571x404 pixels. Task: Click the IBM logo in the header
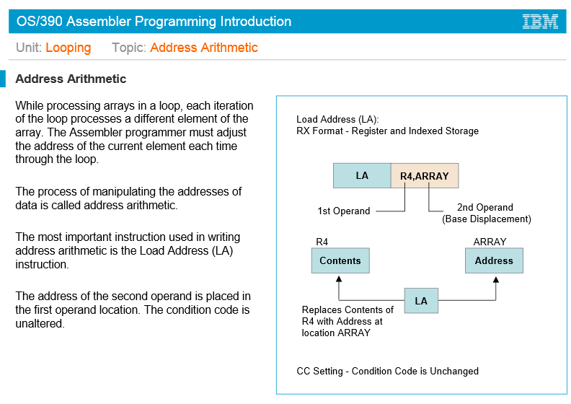(x=540, y=22)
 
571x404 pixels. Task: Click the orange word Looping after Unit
(x=68, y=48)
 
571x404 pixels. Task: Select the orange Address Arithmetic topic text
(x=203, y=48)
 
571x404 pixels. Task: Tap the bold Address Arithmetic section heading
(x=71, y=79)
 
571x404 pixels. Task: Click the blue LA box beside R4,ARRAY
(x=362, y=175)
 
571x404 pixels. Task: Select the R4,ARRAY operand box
(x=425, y=176)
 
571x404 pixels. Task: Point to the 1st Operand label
(x=344, y=211)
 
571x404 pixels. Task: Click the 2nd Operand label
(x=485, y=207)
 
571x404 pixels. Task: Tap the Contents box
(x=340, y=260)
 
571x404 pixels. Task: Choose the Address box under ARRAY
(x=494, y=260)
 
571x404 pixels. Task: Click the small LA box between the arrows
(x=421, y=300)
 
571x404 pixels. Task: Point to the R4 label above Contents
(x=322, y=242)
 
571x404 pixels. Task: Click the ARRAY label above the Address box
(x=490, y=242)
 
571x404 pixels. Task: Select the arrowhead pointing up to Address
(x=495, y=278)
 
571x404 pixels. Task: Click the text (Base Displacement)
(x=486, y=219)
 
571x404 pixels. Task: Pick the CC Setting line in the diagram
(x=387, y=371)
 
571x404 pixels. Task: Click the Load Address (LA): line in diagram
(x=337, y=119)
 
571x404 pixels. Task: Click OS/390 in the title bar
(x=38, y=22)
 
